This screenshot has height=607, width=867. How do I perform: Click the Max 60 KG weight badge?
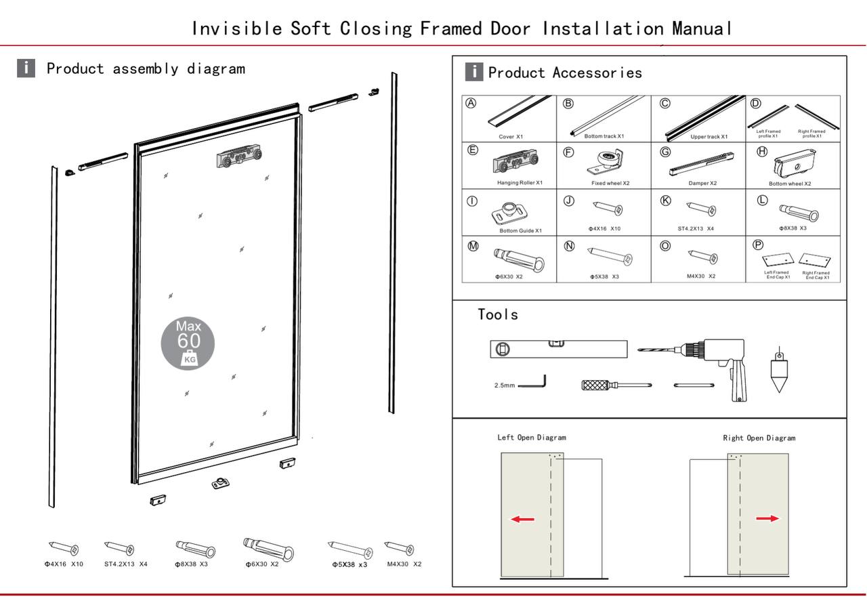(x=188, y=343)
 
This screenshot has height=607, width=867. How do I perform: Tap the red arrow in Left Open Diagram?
(x=522, y=519)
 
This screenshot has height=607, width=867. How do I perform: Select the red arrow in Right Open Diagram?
(x=767, y=518)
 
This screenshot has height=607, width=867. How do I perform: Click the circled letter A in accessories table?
(x=471, y=103)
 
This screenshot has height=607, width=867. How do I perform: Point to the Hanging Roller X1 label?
(x=520, y=183)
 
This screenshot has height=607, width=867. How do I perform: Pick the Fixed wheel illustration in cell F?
(x=605, y=162)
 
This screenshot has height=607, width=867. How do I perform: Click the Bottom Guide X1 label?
(x=521, y=231)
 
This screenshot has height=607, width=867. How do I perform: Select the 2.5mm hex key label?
(x=505, y=385)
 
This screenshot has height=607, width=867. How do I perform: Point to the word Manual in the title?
(x=702, y=28)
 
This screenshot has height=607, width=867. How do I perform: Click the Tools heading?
(x=498, y=314)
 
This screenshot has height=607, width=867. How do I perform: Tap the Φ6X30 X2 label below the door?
(x=262, y=564)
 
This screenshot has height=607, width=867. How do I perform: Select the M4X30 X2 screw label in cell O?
(x=701, y=276)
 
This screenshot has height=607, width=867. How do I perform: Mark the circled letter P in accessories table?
(x=758, y=245)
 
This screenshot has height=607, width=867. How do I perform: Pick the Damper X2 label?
(x=702, y=183)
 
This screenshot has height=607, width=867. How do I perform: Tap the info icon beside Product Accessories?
(x=474, y=72)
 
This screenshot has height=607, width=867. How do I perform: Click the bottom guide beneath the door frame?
(x=221, y=483)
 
